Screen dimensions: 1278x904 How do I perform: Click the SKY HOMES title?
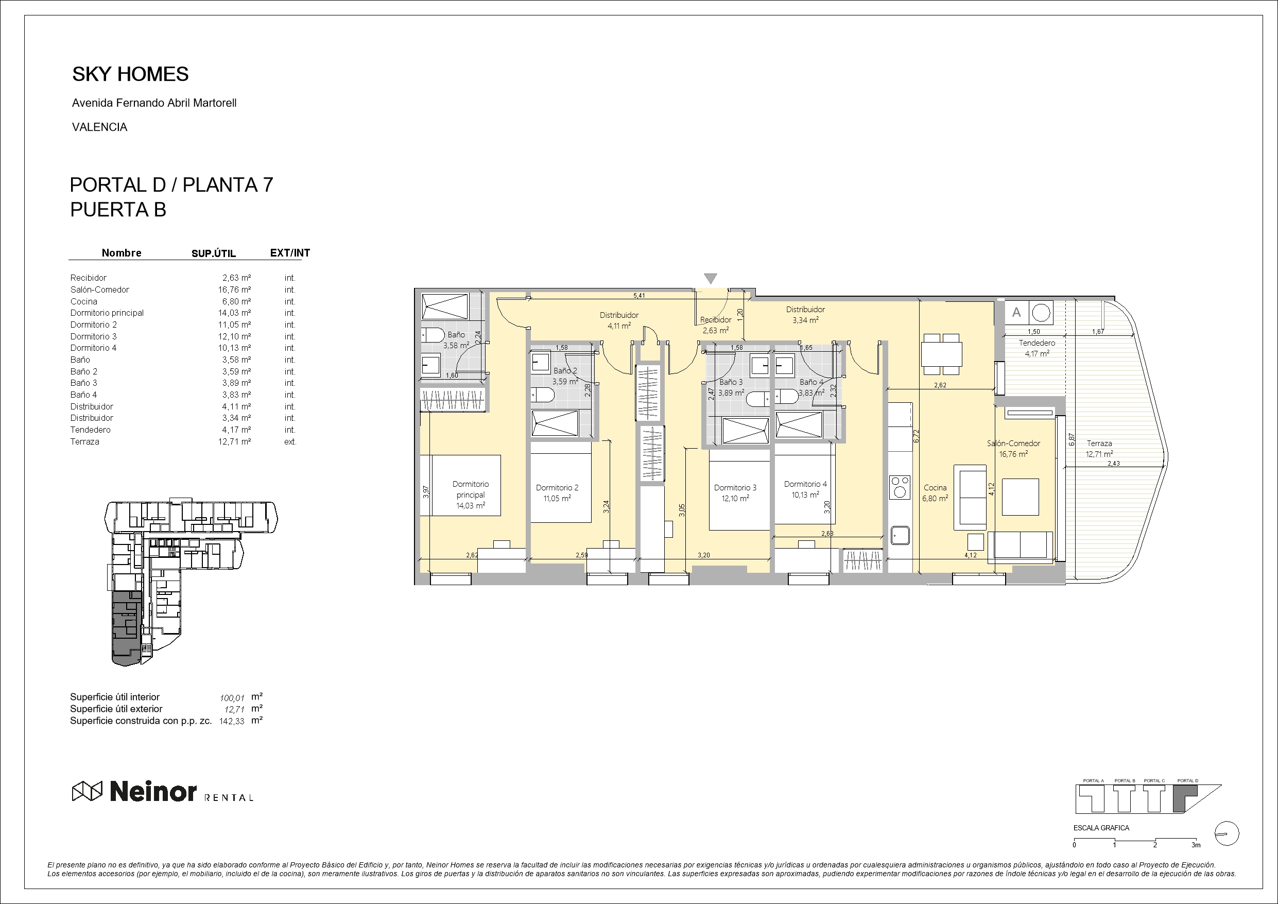tap(130, 74)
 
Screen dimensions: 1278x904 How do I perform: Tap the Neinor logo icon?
tap(88, 791)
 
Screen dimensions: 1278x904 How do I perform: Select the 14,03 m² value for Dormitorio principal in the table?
tap(234, 313)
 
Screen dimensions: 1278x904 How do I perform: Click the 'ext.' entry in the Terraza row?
tap(290, 441)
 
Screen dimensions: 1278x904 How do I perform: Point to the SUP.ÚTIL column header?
tap(214, 253)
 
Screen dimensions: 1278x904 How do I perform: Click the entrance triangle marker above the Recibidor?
tap(710, 279)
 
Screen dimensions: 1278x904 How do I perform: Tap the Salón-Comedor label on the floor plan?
tap(1013, 444)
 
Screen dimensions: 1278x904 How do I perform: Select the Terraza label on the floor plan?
tap(1099, 444)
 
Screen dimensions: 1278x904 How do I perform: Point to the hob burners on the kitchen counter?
tap(900, 487)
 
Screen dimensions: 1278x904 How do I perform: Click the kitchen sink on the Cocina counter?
tap(900, 535)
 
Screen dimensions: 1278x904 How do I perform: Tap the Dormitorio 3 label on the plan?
tap(735, 487)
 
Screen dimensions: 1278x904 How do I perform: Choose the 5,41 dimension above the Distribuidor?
tap(639, 295)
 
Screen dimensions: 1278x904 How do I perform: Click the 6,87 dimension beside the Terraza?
tap(1072, 439)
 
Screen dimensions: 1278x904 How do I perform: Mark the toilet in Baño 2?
tap(543, 396)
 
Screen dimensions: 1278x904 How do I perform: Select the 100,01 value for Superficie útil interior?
tap(232, 698)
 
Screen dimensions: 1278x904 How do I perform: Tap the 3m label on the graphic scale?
tap(1196, 845)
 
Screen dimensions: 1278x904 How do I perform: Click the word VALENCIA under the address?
tap(100, 127)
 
